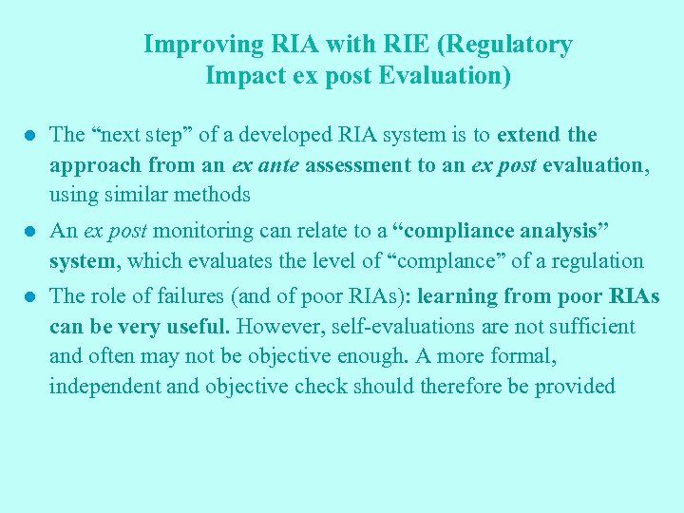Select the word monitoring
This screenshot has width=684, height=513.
[199, 231]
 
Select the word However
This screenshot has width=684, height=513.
[275, 327]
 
